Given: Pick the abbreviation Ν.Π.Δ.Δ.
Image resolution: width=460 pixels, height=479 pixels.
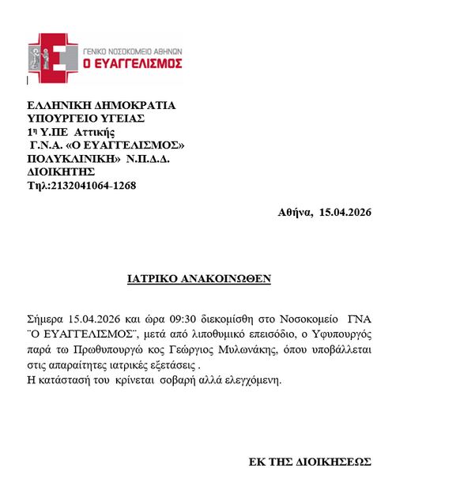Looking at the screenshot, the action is tap(148, 158).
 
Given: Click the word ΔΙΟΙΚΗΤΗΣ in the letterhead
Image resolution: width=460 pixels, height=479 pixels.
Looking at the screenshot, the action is tap(61, 172).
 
